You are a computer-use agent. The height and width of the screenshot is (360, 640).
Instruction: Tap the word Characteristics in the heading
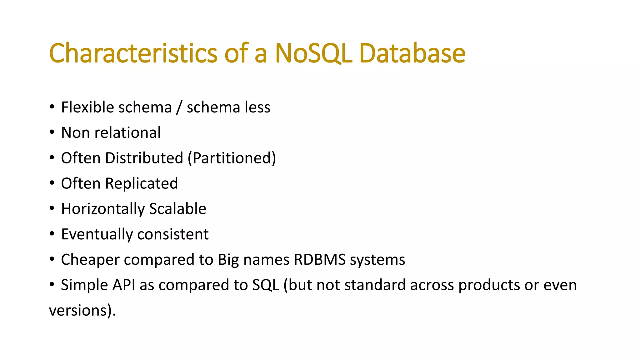pyautogui.click(x=133, y=53)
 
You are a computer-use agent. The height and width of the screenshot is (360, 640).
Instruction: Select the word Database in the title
pyautogui.click(x=412, y=53)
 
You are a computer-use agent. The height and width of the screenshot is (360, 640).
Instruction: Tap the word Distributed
pyautogui.click(x=144, y=158)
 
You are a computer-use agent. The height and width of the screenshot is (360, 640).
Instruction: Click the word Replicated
pyautogui.click(x=141, y=183)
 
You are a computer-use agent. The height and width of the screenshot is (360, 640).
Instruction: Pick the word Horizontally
pyautogui.click(x=103, y=209)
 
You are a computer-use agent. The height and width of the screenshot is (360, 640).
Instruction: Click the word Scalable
pyautogui.click(x=177, y=209)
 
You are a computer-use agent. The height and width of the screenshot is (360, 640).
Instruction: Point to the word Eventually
pyautogui.click(x=97, y=234)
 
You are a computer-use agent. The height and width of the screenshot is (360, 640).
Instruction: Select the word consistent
pyautogui.click(x=173, y=234)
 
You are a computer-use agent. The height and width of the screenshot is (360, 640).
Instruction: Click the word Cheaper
pyautogui.click(x=90, y=260)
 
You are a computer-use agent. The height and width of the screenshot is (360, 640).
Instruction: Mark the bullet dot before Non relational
pyautogui.click(x=52, y=132)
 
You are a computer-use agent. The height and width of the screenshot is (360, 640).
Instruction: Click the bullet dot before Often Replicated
pyautogui.click(x=52, y=183)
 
